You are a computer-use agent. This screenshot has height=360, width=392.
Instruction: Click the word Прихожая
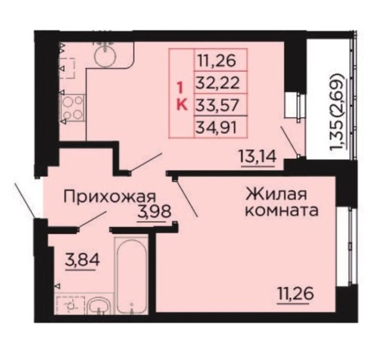click(109, 197)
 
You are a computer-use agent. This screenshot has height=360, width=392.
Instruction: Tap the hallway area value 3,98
click(154, 212)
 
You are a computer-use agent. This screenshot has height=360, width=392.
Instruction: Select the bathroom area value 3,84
click(82, 260)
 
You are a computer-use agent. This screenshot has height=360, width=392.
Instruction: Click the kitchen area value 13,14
click(258, 157)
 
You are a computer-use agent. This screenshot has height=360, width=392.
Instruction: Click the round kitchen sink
click(105, 56)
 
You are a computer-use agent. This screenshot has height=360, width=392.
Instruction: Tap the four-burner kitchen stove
click(72, 108)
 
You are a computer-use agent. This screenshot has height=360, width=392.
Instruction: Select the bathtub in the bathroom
click(131, 276)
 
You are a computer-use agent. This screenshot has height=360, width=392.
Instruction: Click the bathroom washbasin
click(99, 306)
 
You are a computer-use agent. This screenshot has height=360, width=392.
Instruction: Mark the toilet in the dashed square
click(71, 305)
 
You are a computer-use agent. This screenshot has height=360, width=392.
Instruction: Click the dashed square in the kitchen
click(68, 68)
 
